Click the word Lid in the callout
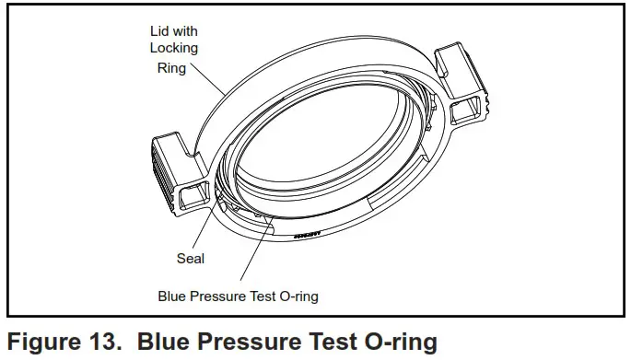pos(158,31)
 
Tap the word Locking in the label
pos(174,48)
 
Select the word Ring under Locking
pos(171,68)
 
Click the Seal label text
pos(191,258)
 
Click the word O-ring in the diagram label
pos(298,296)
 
